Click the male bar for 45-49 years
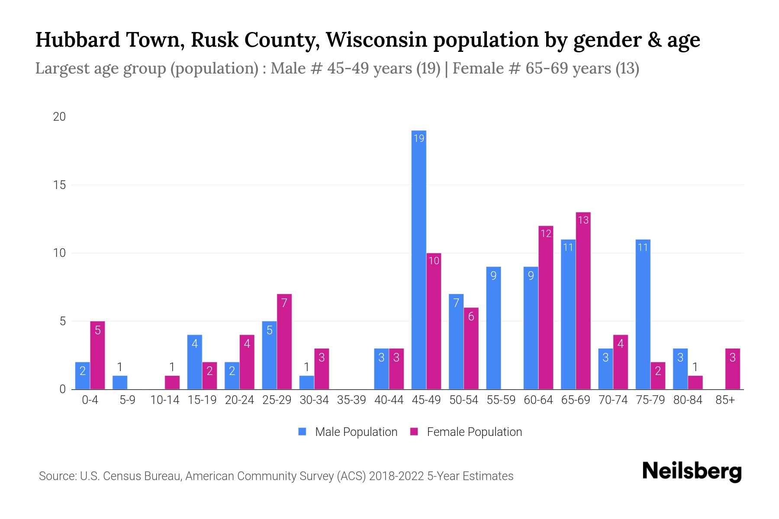click(418, 259)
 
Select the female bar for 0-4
click(97, 355)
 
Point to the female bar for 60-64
click(546, 308)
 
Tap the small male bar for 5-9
click(120, 382)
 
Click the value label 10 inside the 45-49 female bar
click(434, 260)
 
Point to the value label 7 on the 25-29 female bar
click(284, 303)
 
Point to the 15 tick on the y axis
click(59, 185)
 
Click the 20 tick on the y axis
click(59, 117)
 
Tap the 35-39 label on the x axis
click(351, 400)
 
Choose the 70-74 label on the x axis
click(613, 400)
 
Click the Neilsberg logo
click(692, 471)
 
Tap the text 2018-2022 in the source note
click(396, 476)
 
